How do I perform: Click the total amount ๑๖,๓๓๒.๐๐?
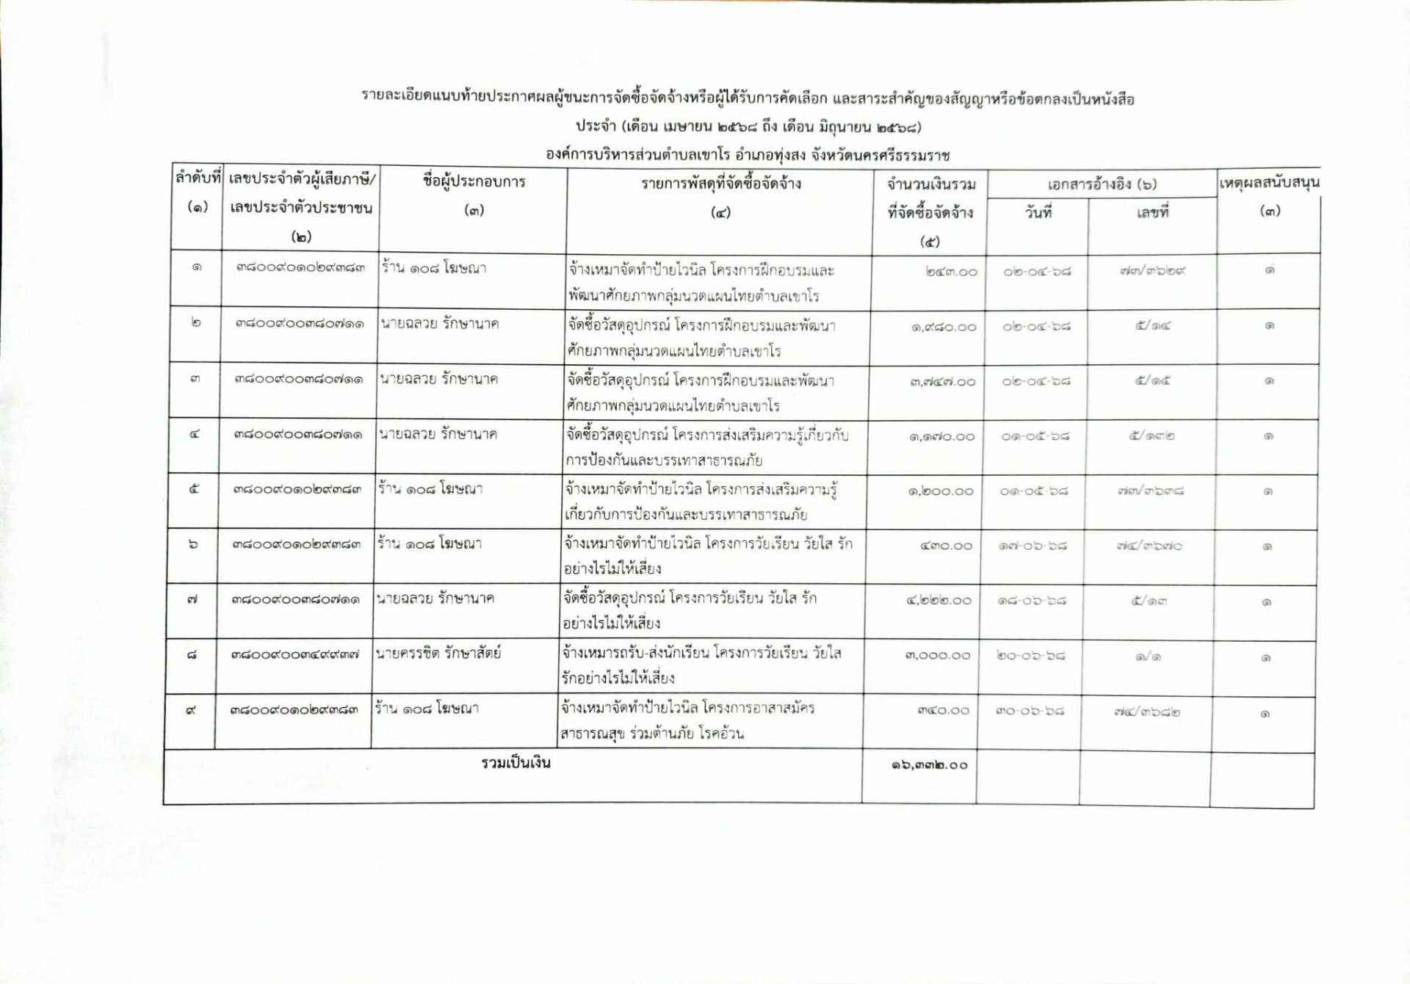pyautogui.click(x=929, y=765)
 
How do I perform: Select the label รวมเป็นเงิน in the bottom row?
pyautogui.click(x=516, y=763)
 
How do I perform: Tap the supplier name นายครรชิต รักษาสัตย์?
pyautogui.click(x=438, y=653)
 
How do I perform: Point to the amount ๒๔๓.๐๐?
pyautogui.click(x=952, y=272)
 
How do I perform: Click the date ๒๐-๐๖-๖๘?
pyautogui.click(x=1031, y=655)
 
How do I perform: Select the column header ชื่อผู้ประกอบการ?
pyautogui.click(x=474, y=182)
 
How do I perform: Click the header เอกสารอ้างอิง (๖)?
pyautogui.click(x=1102, y=184)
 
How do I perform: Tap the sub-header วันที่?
pyautogui.click(x=1038, y=213)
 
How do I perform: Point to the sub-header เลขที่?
pyautogui.click(x=1152, y=213)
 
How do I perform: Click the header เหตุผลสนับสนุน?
pyautogui.click(x=1269, y=182)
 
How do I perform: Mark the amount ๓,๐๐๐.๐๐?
pyautogui.click(x=938, y=655)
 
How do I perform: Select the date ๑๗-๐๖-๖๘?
pyautogui.click(x=1033, y=546)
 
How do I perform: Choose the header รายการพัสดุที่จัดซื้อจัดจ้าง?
pyautogui.click(x=720, y=184)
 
